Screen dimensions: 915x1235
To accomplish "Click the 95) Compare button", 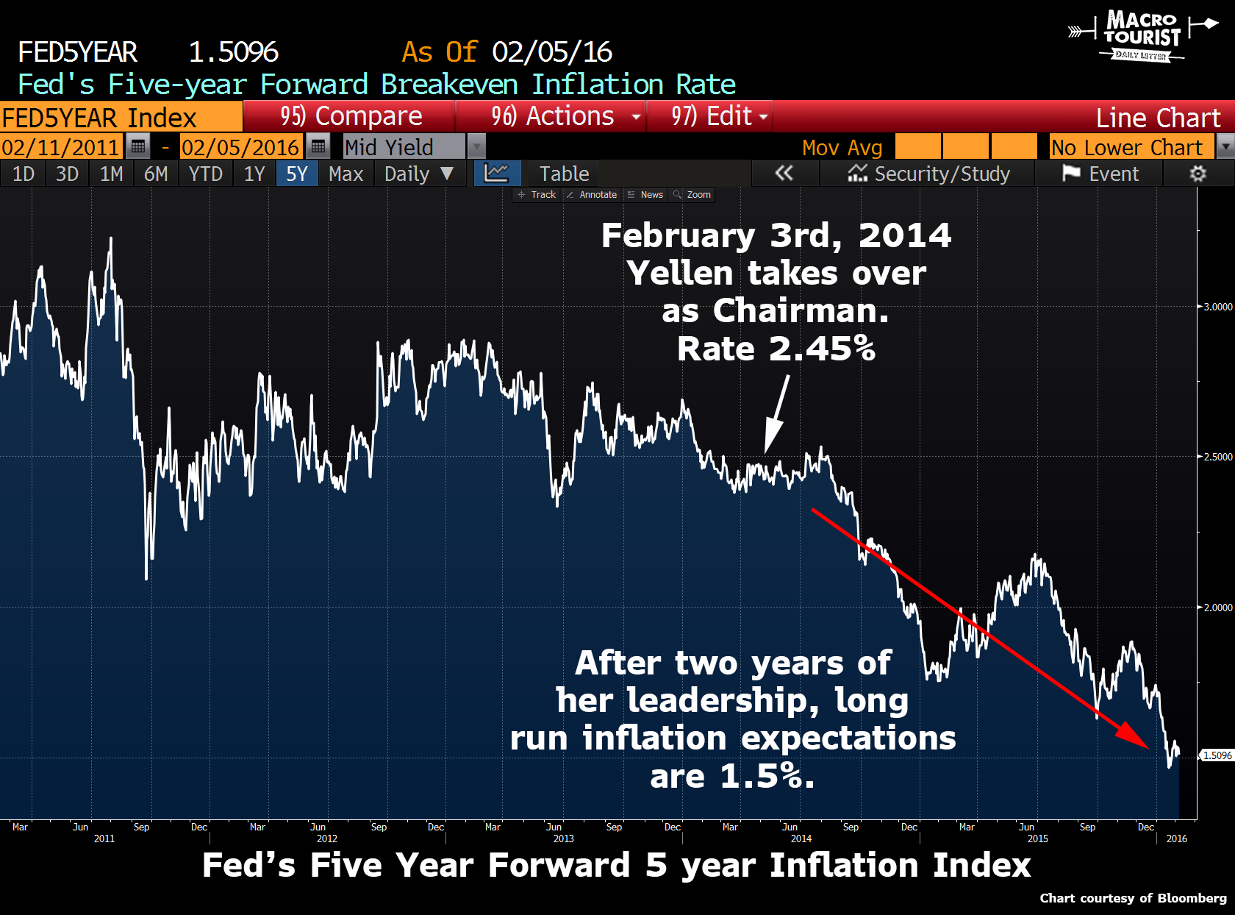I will (x=351, y=116).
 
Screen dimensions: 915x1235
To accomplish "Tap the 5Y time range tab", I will (x=297, y=174).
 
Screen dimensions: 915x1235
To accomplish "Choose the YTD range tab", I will (x=205, y=174).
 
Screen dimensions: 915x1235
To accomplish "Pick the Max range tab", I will (x=346, y=174).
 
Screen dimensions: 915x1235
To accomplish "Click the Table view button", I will (x=564, y=174).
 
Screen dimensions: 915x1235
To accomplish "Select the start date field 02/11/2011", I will (x=60, y=147).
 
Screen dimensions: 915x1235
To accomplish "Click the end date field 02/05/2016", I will (x=240, y=147).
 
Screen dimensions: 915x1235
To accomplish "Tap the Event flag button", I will (x=1100, y=174).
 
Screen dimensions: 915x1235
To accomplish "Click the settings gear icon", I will (x=1198, y=174).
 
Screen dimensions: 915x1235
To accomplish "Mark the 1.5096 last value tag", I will (x=1217, y=755).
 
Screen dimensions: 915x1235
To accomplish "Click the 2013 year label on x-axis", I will (x=563, y=839).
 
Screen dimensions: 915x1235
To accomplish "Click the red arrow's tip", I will (x=1147, y=747).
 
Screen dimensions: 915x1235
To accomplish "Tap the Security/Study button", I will (x=929, y=174).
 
